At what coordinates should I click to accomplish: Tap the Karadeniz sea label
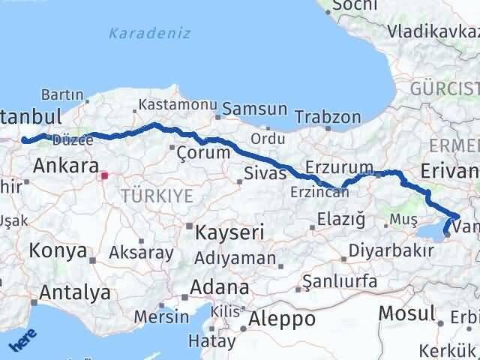(149, 33)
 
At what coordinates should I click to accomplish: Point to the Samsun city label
(254, 109)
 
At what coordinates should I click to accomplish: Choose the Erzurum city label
(339, 166)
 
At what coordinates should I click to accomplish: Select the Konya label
(58, 252)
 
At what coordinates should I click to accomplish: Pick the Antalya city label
(75, 292)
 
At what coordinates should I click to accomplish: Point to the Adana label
(220, 287)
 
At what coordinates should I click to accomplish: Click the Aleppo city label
(283, 319)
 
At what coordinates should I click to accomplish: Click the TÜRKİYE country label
(159, 196)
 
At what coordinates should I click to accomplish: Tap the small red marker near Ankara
(105, 176)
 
